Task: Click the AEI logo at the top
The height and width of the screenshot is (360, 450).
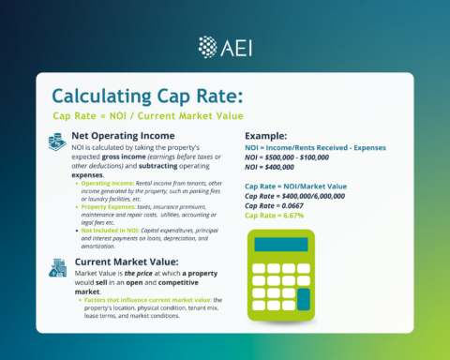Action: (x=224, y=46)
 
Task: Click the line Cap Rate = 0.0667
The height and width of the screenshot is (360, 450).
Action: (x=277, y=204)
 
